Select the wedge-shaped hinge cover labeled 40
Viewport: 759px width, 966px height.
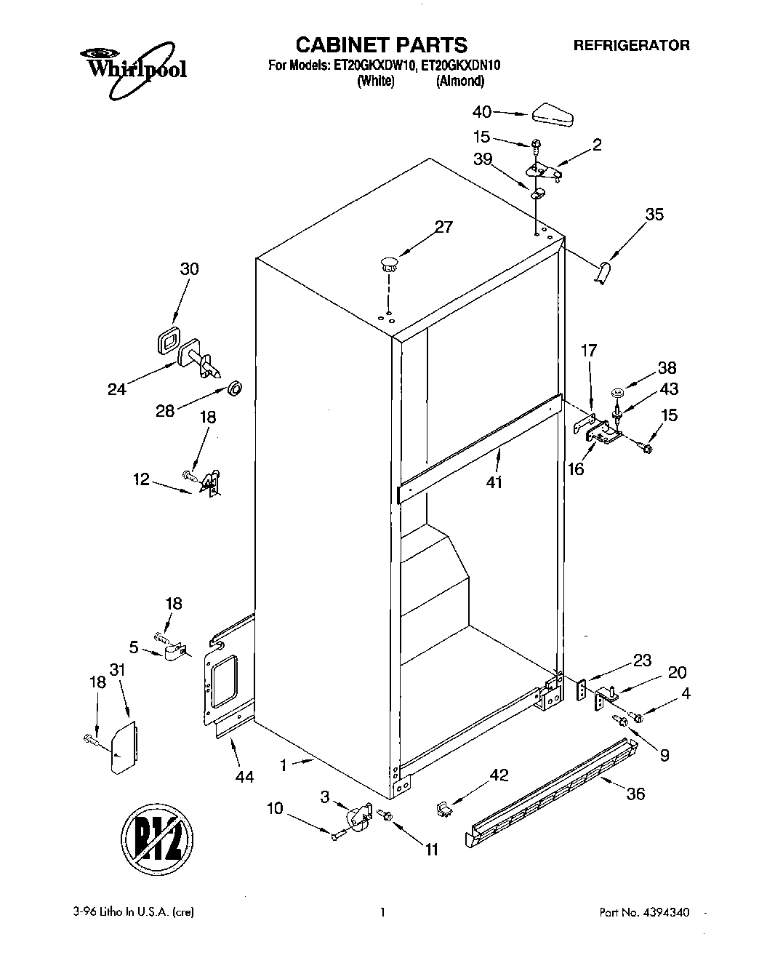coord(553,115)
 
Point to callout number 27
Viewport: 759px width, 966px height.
coord(443,227)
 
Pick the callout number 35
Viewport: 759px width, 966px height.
coord(654,214)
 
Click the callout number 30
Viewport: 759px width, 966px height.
coord(189,268)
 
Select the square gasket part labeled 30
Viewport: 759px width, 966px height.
coord(169,340)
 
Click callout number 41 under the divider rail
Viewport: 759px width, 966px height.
coord(494,482)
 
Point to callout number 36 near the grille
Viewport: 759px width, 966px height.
coord(635,793)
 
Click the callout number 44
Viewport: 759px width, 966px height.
coord(244,777)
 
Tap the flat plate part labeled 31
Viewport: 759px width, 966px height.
coord(123,748)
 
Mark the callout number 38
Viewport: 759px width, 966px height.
coord(667,367)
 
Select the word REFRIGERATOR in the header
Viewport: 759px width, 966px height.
coord(632,45)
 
